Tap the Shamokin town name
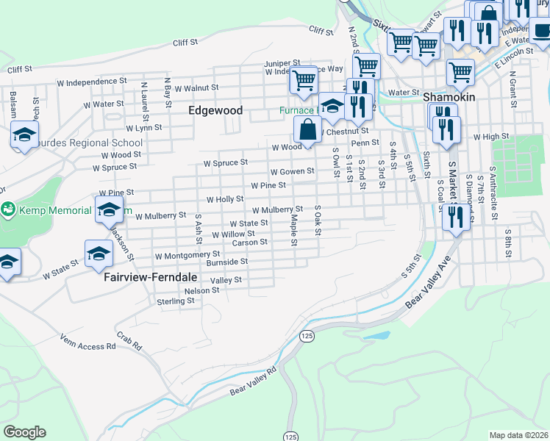coord(449,97)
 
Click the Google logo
coord(24,432)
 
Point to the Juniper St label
coord(283,63)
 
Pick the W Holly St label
coord(225,199)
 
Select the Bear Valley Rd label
coord(252,381)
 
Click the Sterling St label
coord(175,301)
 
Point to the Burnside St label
coord(226,261)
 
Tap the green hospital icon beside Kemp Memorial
coord(8,210)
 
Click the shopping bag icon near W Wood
coord(307,129)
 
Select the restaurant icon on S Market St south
coord(456,217)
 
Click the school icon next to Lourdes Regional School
coord(24,135)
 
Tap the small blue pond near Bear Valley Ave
coord(376,335)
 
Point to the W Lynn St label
coord(143,128)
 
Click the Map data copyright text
coord(519,435)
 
